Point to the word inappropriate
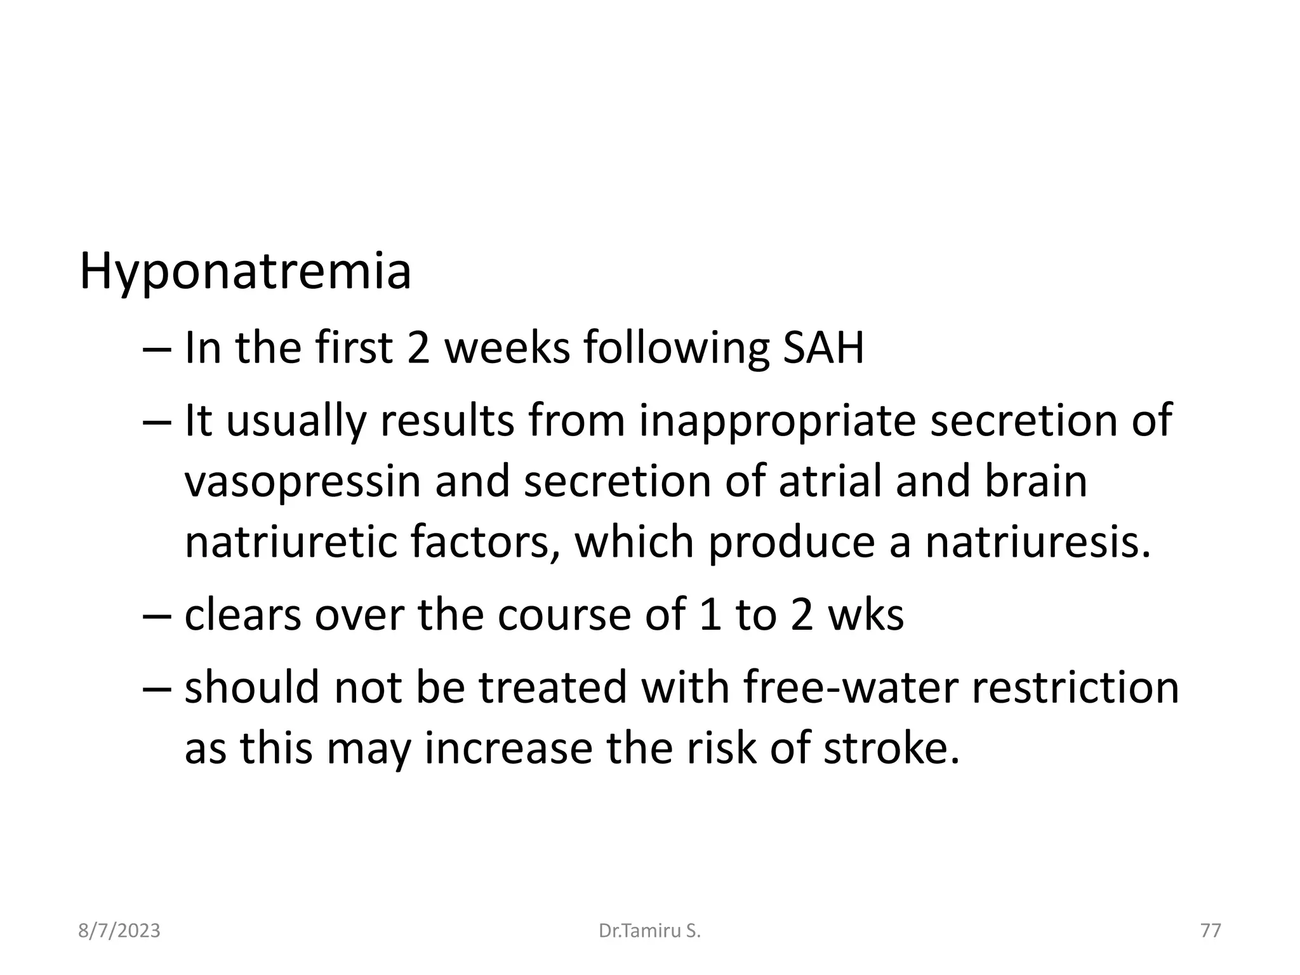(x=778, y=420)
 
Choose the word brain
(x=1036, y=481)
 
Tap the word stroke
(x=891, y=748)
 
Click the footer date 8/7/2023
(x=119, y=931)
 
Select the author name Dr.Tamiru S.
(x=649, y=931)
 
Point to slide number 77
(x=1210, y=931)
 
